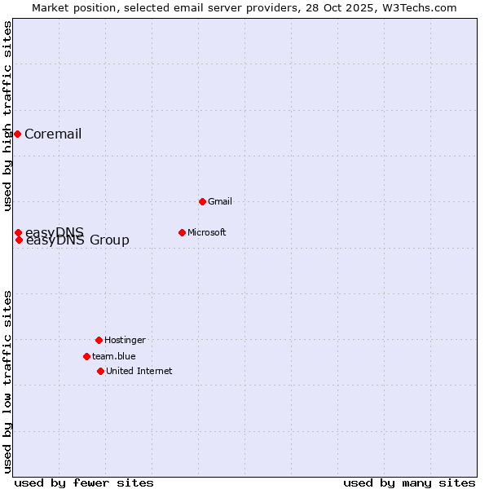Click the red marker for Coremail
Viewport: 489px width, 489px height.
point(17,134)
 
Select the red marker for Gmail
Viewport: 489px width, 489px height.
point(202,201)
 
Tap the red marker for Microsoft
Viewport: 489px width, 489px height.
point(182,232)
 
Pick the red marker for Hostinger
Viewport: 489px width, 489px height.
point(99,340)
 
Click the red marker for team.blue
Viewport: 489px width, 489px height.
point(86,356)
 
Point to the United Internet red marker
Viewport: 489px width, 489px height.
point(100,371)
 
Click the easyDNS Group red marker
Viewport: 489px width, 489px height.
point(19,240)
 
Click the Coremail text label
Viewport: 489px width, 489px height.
point(53,134)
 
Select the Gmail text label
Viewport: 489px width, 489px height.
point(220,201)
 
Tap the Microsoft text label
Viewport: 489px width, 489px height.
point(206,232)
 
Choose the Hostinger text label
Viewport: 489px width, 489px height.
point(125,340)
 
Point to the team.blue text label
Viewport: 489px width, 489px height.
point(113,356)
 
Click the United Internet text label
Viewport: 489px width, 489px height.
point(139,371)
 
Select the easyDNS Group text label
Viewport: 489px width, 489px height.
point(77,240)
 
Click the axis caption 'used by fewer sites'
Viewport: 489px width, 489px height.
point(84,482)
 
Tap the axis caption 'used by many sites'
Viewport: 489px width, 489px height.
point(409,482)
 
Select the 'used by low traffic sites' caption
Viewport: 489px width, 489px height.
point(7,381)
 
